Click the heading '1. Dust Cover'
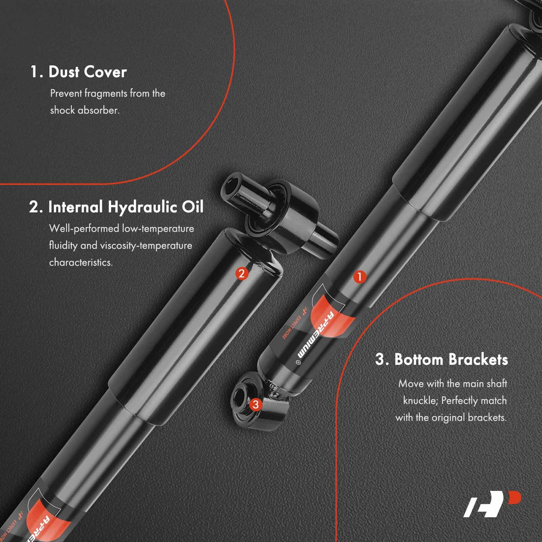tap(79, 72)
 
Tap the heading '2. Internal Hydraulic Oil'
tap(116, 207)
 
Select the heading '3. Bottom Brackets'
tap(442, 360)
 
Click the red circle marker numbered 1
tap(360, 277)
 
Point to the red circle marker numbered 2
tap(242, 273)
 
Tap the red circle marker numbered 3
tap(256, 404)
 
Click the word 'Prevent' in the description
tap(66, 93)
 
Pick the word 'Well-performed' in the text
tap(84, 229)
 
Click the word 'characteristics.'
tap(81, 262)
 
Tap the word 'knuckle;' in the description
tap(421, 401)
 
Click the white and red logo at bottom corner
tap(492, 508)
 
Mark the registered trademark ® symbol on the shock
tap(299, 363)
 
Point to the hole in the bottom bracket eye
tap(240, 398)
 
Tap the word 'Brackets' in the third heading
tap(478, 360)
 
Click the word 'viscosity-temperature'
tap(146, 246)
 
